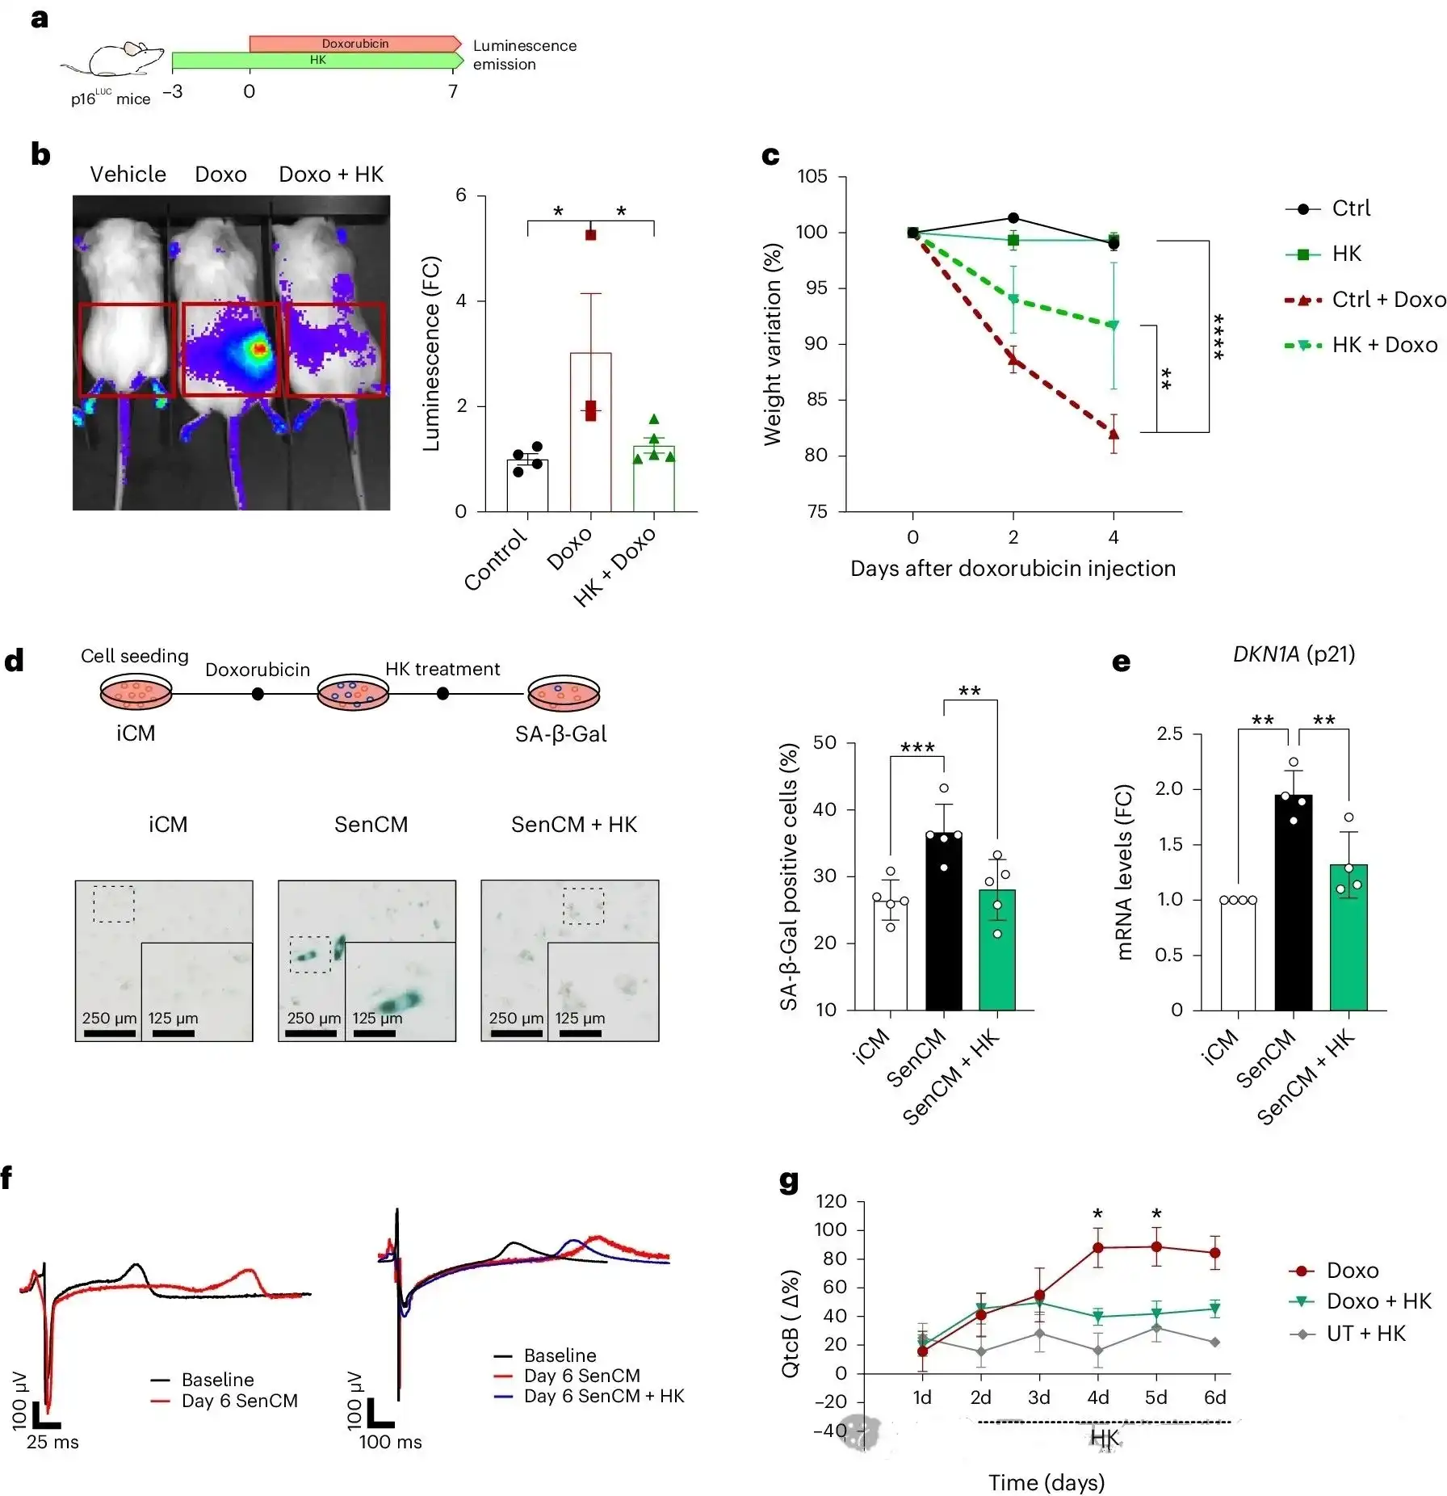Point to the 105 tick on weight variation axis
(812, 176)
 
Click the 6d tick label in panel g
(1214, 1397)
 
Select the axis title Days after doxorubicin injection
(1013, 569)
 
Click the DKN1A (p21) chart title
(1294, 653)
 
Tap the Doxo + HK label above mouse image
(331, 174)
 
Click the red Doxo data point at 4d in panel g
(1098, 1247)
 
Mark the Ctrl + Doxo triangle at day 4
(1114, 435)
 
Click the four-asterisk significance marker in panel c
(1219, 336)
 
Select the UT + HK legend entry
(1365, 1333)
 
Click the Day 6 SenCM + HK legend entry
(603, 1396)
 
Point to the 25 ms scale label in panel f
(52, 1442)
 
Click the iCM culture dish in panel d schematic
(136, 691)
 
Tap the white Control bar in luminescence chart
(527, 485)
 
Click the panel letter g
(789, 1181)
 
